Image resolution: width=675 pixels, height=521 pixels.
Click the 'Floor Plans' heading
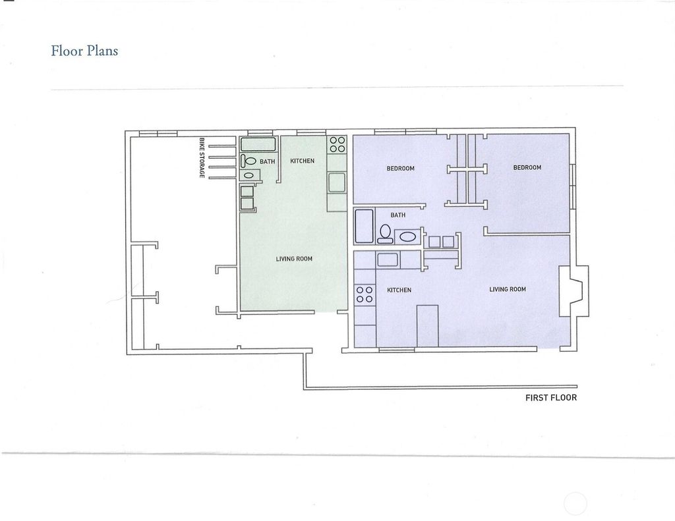84,50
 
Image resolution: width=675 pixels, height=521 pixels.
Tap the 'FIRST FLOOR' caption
550,398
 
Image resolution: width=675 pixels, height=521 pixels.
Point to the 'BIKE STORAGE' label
201,157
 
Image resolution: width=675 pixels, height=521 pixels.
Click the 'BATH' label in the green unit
267,161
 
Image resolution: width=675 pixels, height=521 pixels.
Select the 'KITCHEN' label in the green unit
302,161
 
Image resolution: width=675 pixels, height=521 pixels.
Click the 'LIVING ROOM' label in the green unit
294,259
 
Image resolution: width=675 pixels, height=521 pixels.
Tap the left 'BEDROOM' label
400,168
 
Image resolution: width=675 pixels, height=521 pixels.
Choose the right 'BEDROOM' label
527,167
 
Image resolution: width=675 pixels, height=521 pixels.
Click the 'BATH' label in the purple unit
397,215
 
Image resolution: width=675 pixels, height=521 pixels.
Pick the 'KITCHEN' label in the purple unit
399,290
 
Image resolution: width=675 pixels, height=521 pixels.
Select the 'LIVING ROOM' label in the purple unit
508,289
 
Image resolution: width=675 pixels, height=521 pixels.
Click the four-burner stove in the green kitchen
337,144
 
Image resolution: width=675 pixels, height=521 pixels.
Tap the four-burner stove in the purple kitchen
364,294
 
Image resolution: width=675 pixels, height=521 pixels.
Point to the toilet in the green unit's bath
248,161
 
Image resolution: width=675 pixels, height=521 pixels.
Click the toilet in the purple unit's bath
385,233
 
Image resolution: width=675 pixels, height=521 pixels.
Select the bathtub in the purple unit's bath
364,227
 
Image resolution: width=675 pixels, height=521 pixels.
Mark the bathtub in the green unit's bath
258,144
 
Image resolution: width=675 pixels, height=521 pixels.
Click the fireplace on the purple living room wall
574,291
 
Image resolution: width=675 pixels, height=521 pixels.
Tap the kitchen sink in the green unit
337,182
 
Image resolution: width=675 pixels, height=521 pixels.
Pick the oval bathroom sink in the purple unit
407,236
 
